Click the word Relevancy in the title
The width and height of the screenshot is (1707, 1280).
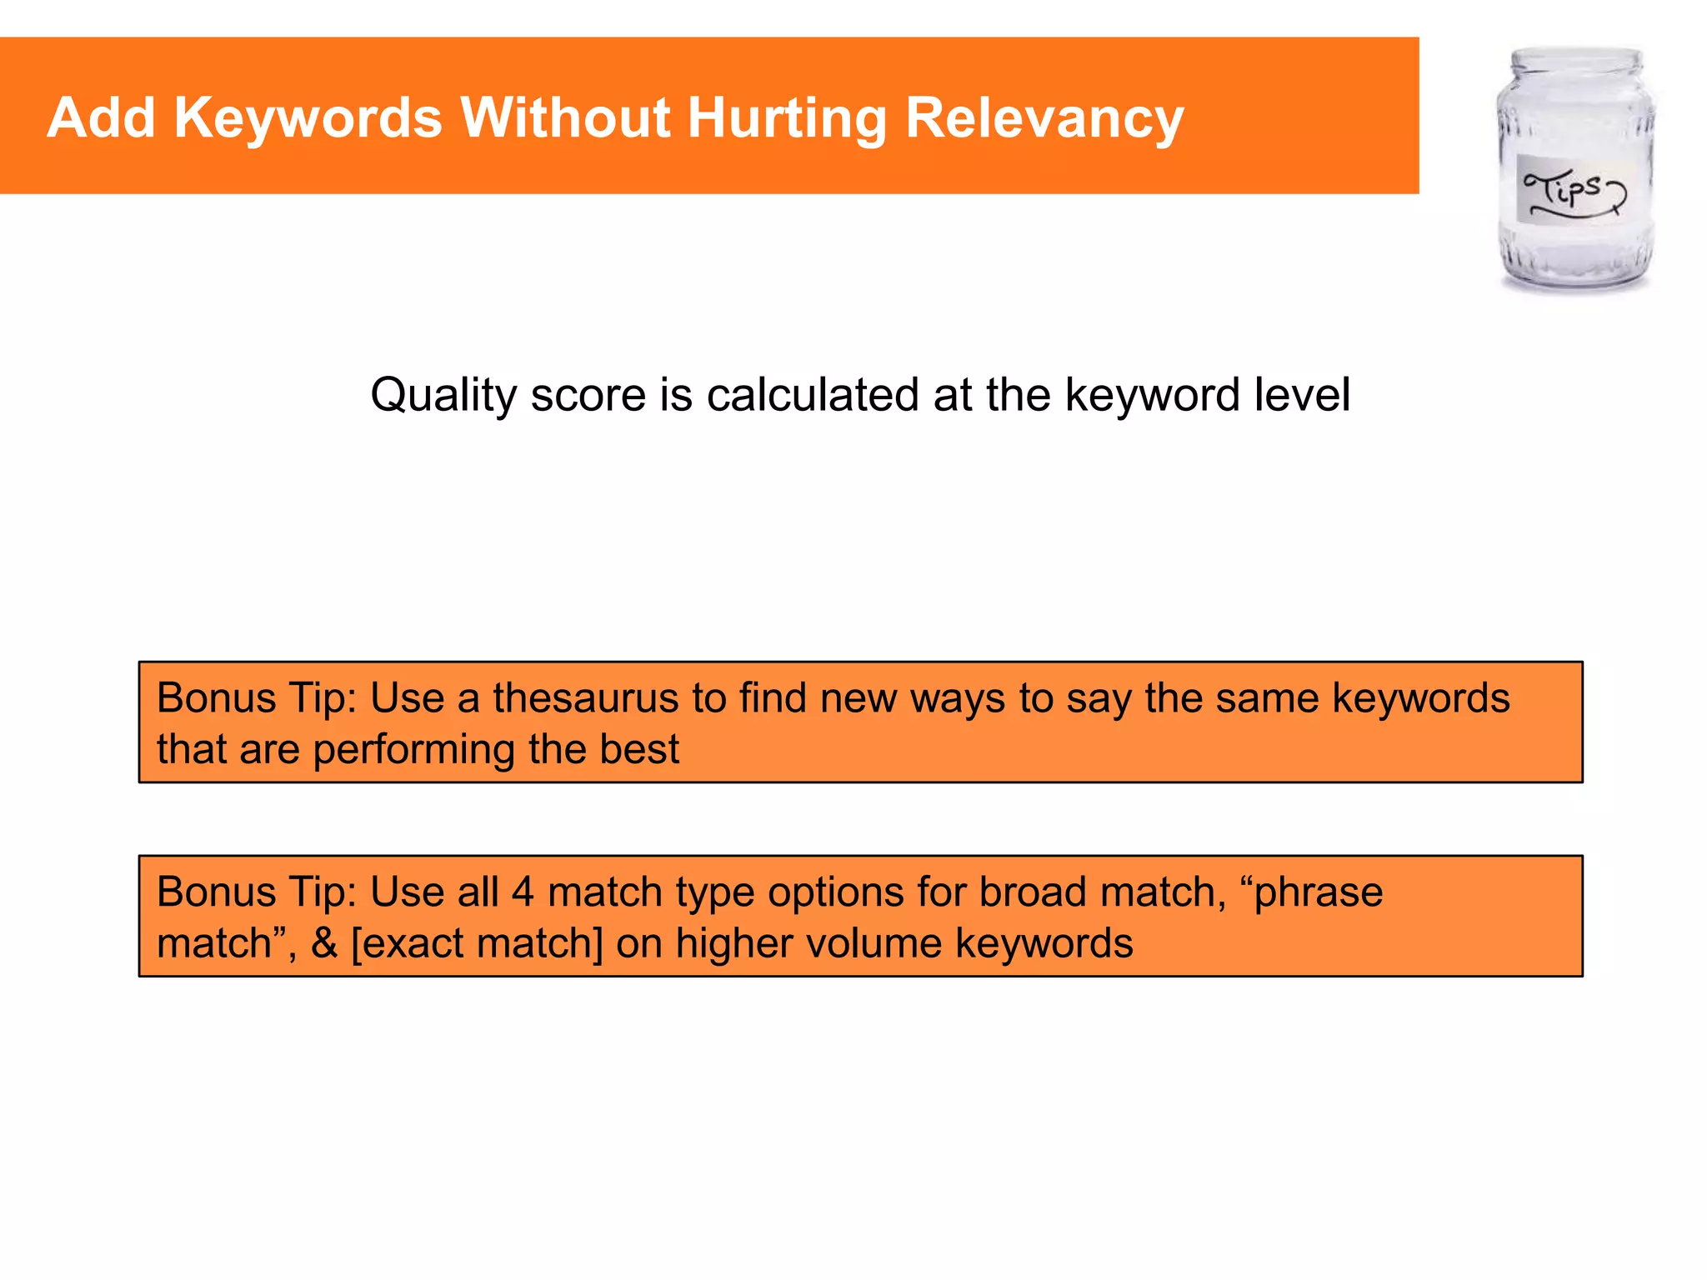pos(1044,117)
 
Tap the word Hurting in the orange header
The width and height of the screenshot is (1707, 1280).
pos(787,117)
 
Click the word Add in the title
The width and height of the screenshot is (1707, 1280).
pos(101,117)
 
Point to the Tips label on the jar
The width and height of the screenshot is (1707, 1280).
pos(1571,190)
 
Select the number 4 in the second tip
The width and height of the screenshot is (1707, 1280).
pos(523,892)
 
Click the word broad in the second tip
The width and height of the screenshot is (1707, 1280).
pos(1031,892)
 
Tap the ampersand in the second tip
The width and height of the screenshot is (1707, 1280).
pos(324,943)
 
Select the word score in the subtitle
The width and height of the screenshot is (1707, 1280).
pos(588,395)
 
